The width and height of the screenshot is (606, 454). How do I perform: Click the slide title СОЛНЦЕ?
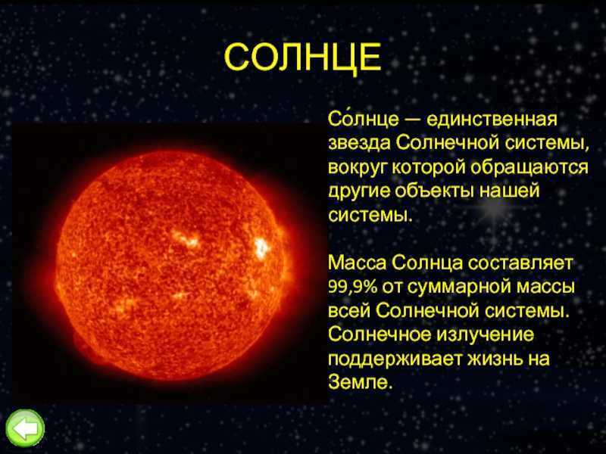303,58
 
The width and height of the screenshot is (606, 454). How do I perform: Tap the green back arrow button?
25,429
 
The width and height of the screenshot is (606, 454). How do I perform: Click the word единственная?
492,120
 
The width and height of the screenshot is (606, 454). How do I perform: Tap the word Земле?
360,381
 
